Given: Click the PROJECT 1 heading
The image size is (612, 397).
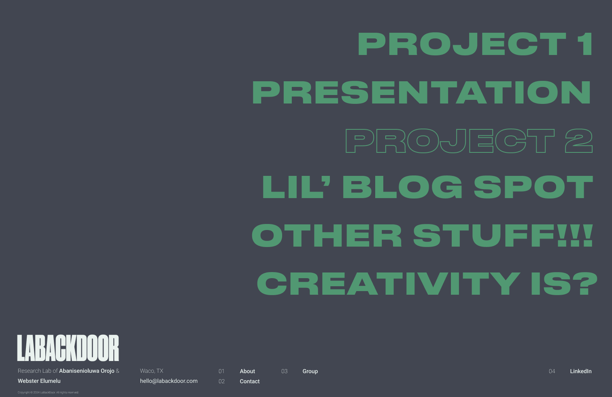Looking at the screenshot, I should pyautogui.click(x=475, y=44).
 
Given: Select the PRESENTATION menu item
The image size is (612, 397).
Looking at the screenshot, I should pyautogui.click(x=421, y=92).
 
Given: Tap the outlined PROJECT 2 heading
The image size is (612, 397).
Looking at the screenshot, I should pyautogui.click(x=469, y=141).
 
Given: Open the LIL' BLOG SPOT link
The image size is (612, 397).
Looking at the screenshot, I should pyautogui.click(x=427, y=187).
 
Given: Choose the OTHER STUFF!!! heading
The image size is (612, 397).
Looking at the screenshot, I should pyautogui.click(x=422, y=235).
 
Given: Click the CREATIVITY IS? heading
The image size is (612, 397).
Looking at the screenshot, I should pyautogui.click(x=427, y=283).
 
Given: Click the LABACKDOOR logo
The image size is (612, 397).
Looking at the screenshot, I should pyautogui.click(x=68, y=348).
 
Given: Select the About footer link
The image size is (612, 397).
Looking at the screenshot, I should pyautogui.click(x=247, y=371).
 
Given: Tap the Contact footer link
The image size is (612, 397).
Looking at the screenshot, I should pyautogui.click(x=250, y=381).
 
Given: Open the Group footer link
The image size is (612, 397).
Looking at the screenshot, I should pyautogui.click(x=310, y=371).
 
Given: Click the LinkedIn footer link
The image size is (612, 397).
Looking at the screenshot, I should pyautogui.click(x=580, y=371).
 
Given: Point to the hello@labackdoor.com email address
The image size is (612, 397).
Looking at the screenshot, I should pyautogui.click(x=169, y=381).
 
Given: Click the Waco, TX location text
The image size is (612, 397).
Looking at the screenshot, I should pyautogui.click(x=151, y=371).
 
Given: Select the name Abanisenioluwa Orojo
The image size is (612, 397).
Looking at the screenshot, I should pyautogui.click(x=87, y=371).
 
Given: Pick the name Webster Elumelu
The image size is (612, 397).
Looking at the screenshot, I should pyautogui.click(x=39, y=381).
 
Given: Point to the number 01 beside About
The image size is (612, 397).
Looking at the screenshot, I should pyautogui.click(x=221, y=371).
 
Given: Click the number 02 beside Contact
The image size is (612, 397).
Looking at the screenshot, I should pyautogui.click(x=221, y=381).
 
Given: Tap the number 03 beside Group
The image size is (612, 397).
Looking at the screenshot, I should pyautogui.click(x=284, y=371).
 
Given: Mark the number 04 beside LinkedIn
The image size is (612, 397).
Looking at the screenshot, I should pyautogui.click(x=552, y=371).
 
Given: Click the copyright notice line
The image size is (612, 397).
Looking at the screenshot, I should pyautogui.click(x=48, y=392).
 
